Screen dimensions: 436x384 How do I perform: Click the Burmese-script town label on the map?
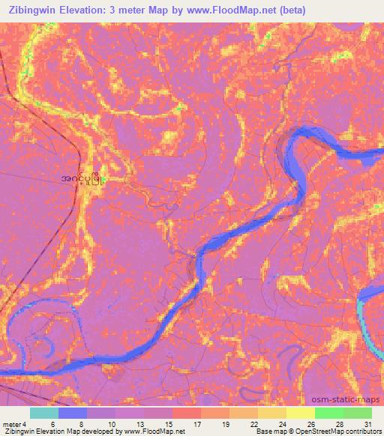click(82, 178)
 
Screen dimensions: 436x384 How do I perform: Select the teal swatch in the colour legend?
click(44, 413)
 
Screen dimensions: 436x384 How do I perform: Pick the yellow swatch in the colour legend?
click(300, 413)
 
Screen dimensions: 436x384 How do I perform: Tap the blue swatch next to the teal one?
click(73, 413)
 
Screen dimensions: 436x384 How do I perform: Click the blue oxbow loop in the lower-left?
click(37, 322)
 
